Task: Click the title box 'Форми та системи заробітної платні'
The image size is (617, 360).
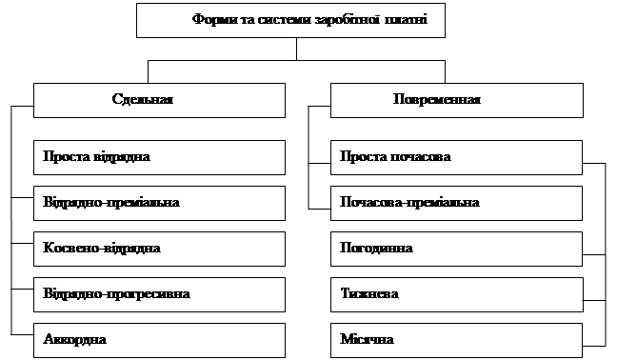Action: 290,20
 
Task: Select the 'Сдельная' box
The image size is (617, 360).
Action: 159,100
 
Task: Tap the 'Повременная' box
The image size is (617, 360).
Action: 457,100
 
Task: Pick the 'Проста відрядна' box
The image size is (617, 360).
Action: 159,157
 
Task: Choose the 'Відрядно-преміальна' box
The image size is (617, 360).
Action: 159,203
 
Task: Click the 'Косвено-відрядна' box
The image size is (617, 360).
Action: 159,249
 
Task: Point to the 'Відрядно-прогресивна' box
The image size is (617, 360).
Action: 159,294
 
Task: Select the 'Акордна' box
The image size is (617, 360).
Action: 159,340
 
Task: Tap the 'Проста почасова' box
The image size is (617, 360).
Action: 456,157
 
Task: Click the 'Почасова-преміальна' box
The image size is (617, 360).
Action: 456,203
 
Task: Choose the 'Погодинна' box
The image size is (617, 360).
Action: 456,249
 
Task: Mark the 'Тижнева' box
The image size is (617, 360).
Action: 457,294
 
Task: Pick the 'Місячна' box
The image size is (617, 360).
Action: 456,340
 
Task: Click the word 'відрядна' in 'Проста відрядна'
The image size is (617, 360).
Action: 122,156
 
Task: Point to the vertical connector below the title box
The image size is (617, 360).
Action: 296,50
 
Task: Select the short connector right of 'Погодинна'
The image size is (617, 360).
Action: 594,255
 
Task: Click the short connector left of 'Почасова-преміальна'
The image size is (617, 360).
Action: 319,209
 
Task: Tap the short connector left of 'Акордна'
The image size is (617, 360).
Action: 22,335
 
